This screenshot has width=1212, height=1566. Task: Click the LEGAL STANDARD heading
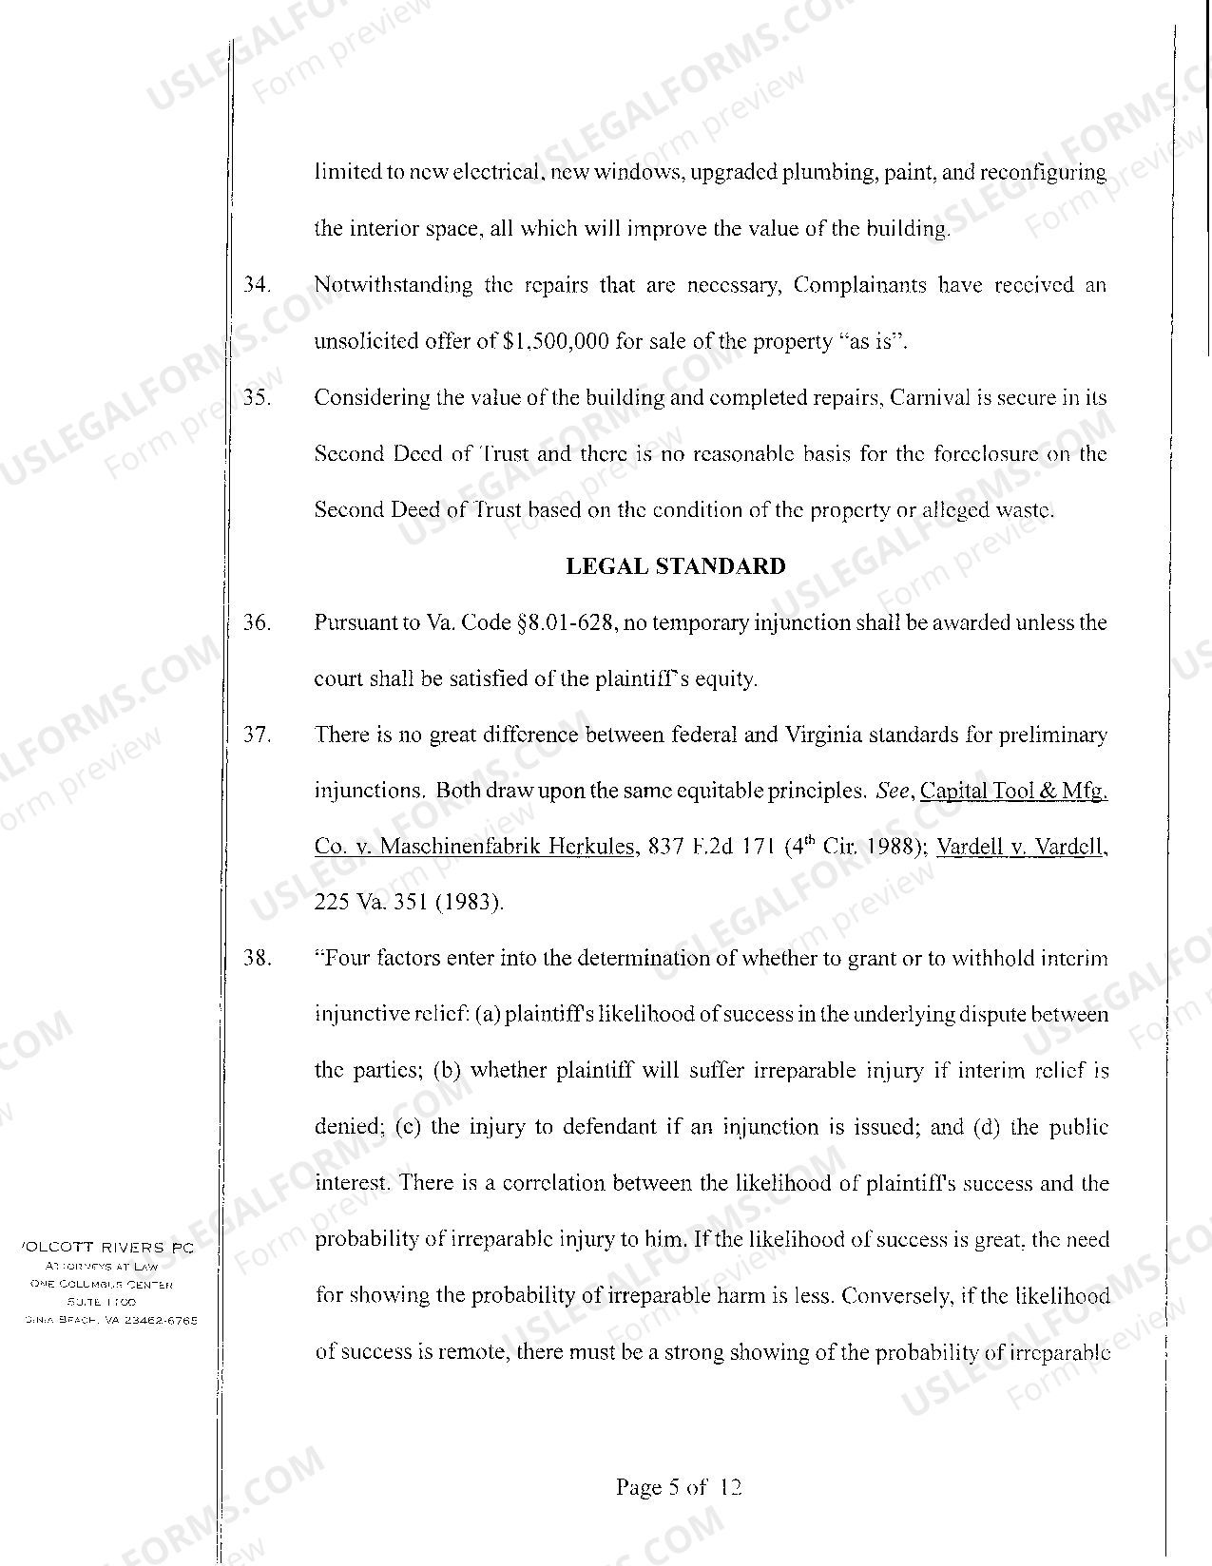676,567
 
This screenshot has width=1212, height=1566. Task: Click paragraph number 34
257,285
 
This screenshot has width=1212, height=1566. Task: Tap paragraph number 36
257,623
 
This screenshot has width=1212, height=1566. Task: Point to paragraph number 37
257,735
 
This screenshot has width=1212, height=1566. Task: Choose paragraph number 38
257,958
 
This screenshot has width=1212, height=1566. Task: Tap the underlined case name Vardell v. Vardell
1022,847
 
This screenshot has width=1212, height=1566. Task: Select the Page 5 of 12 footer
678,1487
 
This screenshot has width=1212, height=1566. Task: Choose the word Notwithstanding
393,285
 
